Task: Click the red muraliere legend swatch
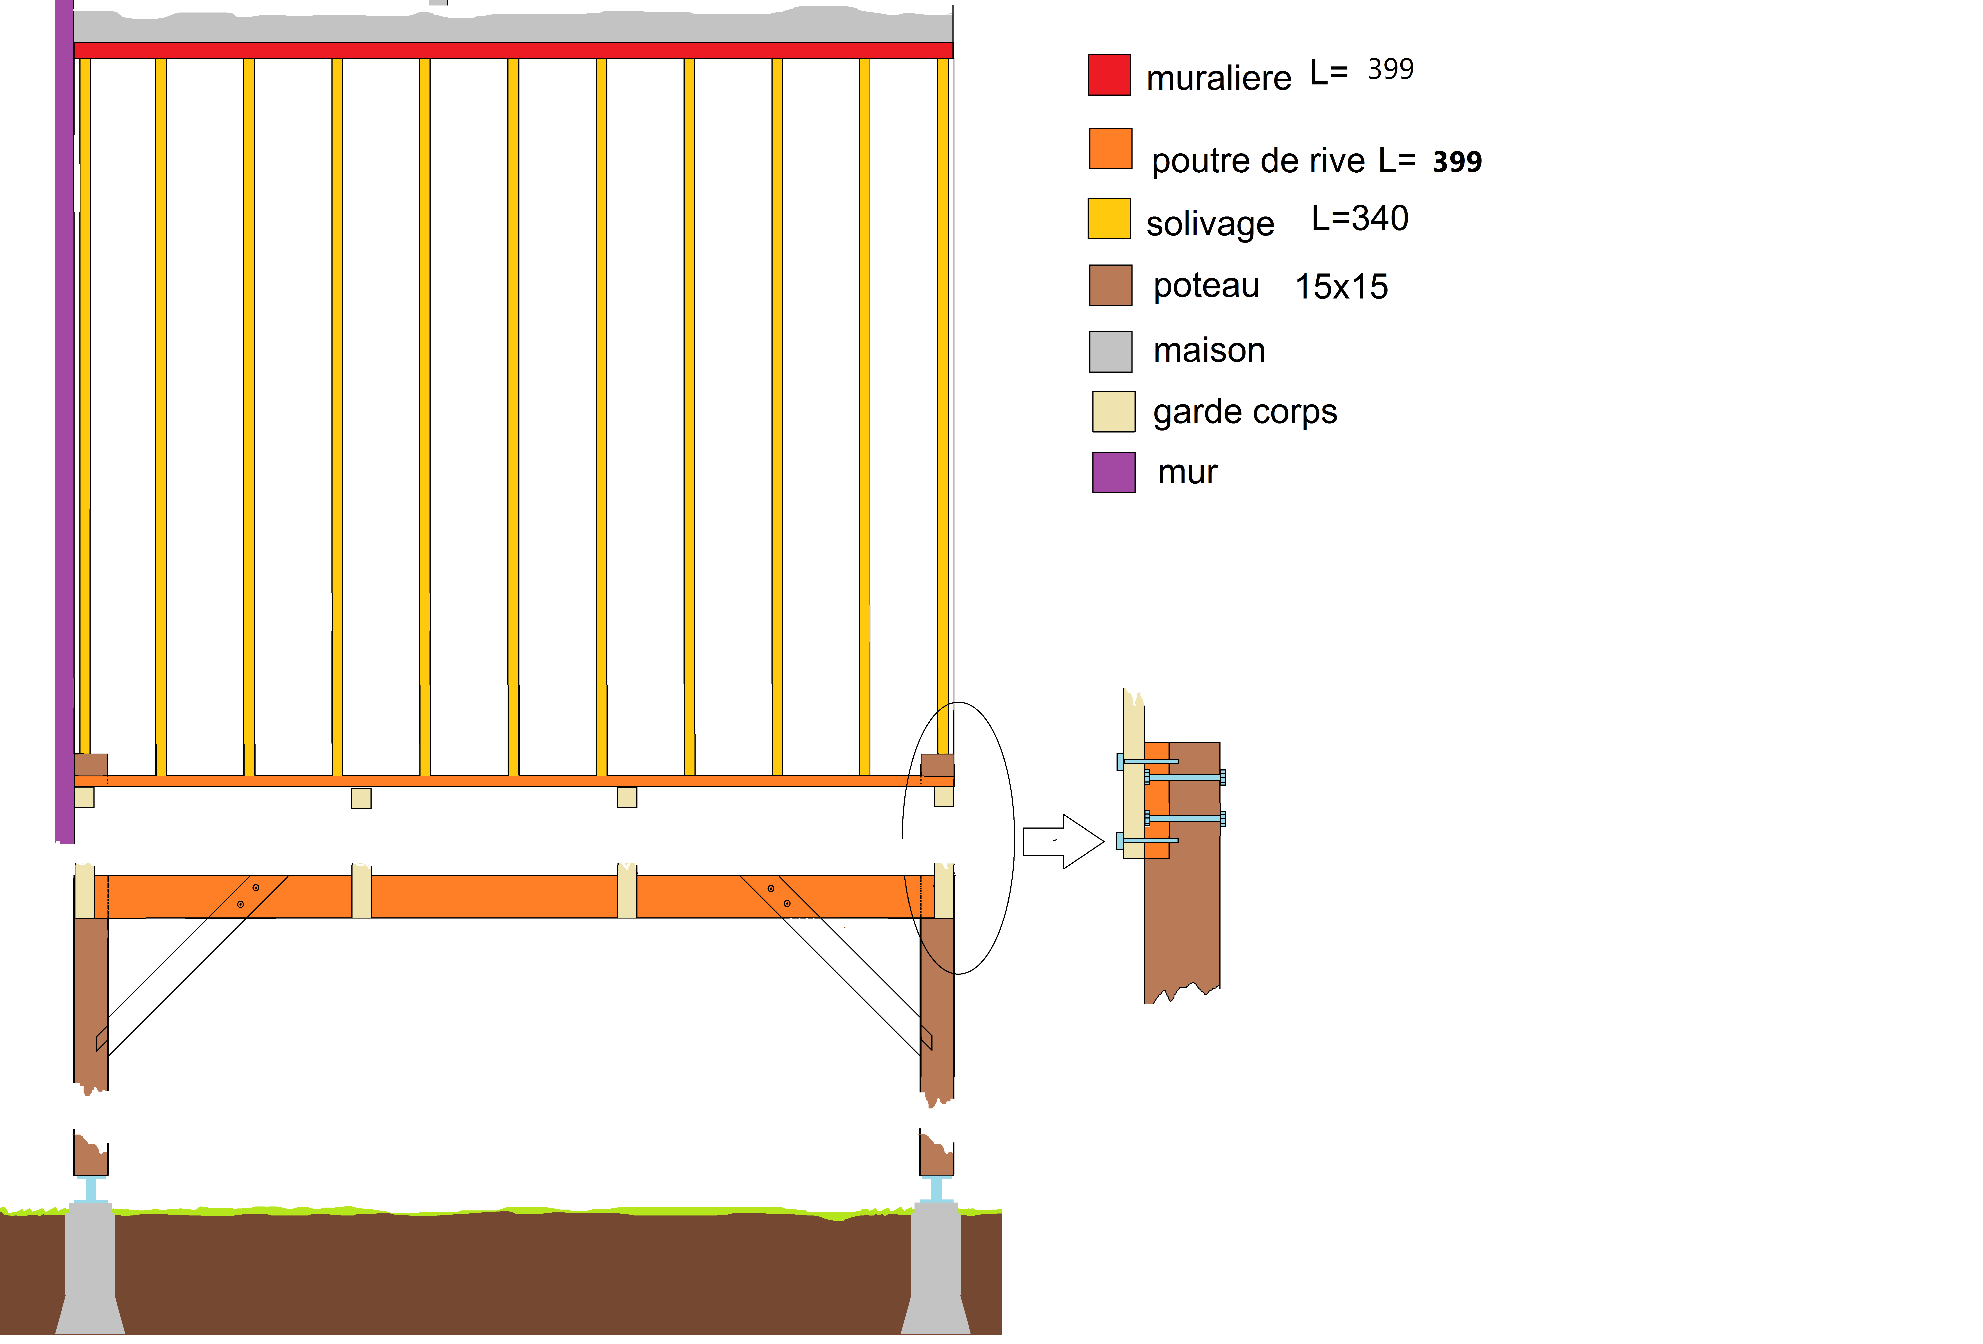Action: tap(1109, 75)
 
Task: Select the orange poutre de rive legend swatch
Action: tap(1111, 148)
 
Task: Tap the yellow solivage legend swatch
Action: tap(1109, 218)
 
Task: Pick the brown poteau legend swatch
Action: tap(1111, 285)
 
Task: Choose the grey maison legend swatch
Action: tap(1111, 352)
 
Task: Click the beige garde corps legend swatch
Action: tap(1113, 411)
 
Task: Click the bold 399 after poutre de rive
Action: tap(1457, 161)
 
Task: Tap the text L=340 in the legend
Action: tap(1360, 218)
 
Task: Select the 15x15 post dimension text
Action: tap(1341, 287)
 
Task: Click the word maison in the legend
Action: tap(1209, 351)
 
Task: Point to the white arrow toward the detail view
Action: tap(1063, 841)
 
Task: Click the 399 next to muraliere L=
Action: tap(1391, 69)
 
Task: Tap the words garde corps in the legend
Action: tap(1245, 412)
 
